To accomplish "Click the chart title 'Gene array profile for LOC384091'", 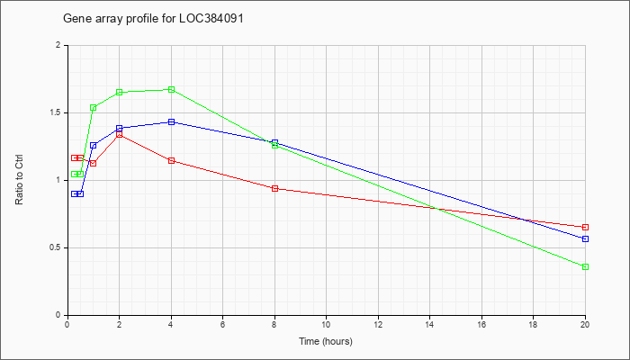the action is point(154,19).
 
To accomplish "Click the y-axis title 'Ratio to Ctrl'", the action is point(19,180).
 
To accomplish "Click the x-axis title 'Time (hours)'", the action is point(326,342).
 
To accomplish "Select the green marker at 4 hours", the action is point(171,90).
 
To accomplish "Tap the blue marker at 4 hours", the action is point(171,121).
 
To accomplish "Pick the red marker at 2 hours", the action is point(120,135).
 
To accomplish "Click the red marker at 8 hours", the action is point(274,188).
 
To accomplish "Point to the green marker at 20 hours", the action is point(585,266).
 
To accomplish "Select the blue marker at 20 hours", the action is point(585,239).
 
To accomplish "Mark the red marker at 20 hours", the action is point(585,228).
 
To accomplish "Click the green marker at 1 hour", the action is point(94,108).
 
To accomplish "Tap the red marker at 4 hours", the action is point(171,161).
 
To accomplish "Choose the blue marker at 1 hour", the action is point(94,146).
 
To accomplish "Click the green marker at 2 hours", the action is point(120,93).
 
